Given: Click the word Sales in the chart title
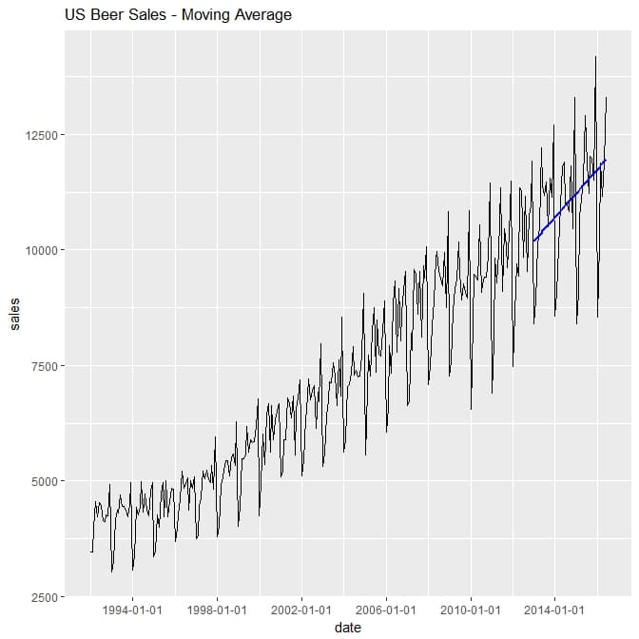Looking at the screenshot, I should click(147, 15).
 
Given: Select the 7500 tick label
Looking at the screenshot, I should click(42, 366).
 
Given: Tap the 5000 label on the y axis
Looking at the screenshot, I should click(42, 481).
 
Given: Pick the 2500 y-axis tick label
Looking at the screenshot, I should click(42, 597).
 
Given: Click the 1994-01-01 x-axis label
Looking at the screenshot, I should click(132, 610).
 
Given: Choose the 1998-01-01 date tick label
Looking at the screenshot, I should click(217, 610).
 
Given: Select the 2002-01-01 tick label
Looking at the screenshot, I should click(301, 610).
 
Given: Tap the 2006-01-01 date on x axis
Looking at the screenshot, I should click(385, 610).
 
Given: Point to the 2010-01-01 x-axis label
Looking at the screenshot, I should click(470, 610).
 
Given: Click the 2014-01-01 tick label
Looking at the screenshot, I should click(554, 610).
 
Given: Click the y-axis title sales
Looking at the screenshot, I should click(14, 315).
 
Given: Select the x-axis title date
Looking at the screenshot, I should click(346, 628).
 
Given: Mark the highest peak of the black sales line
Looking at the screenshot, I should click(595, 57).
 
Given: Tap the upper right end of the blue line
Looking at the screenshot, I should click(605, 161).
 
